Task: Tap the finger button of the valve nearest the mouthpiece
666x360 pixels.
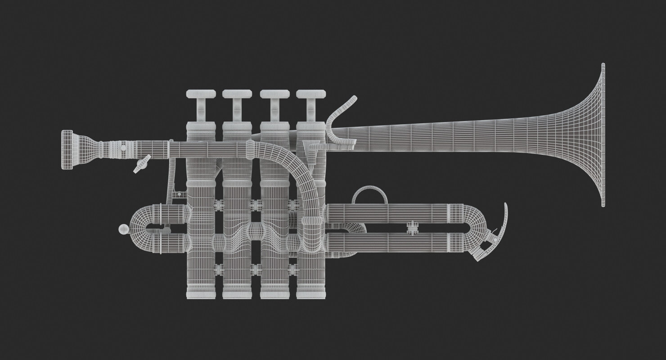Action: click(200, 94)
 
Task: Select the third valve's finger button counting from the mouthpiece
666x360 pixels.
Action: click(274, 94)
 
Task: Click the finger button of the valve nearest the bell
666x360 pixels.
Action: click(310, 94)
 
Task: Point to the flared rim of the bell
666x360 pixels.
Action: click(602, 135)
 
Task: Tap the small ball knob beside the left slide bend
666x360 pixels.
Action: click(123, 229)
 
